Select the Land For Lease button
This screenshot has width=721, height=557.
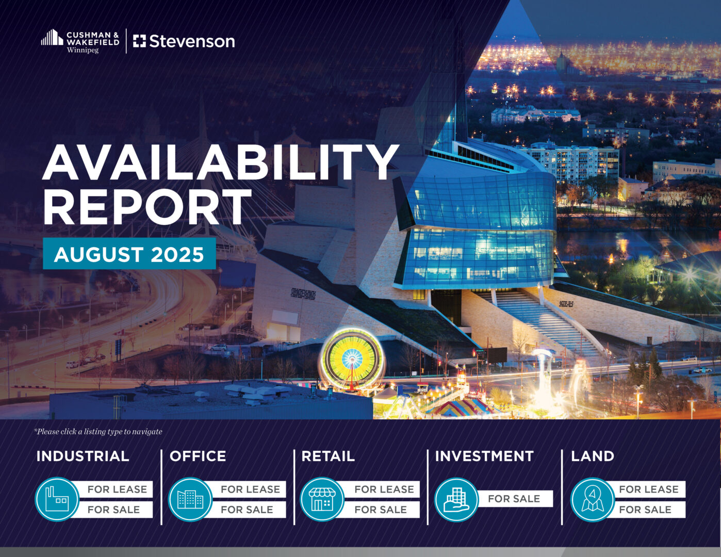[649, 489]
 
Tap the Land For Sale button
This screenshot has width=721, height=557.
[649, 510]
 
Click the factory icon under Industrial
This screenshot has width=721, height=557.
[57, 499]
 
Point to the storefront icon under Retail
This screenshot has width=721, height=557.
[322, 499]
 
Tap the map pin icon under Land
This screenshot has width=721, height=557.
[592, 499]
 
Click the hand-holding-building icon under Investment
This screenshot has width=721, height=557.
[456, 499]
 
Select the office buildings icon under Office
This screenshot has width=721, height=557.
[190, 499]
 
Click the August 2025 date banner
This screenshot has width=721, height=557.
[129, 253]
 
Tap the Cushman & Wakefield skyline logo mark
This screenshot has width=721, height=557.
[52, 37]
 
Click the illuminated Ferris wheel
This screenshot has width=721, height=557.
[352, 358]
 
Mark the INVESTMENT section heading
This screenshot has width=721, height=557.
[484, 456]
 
